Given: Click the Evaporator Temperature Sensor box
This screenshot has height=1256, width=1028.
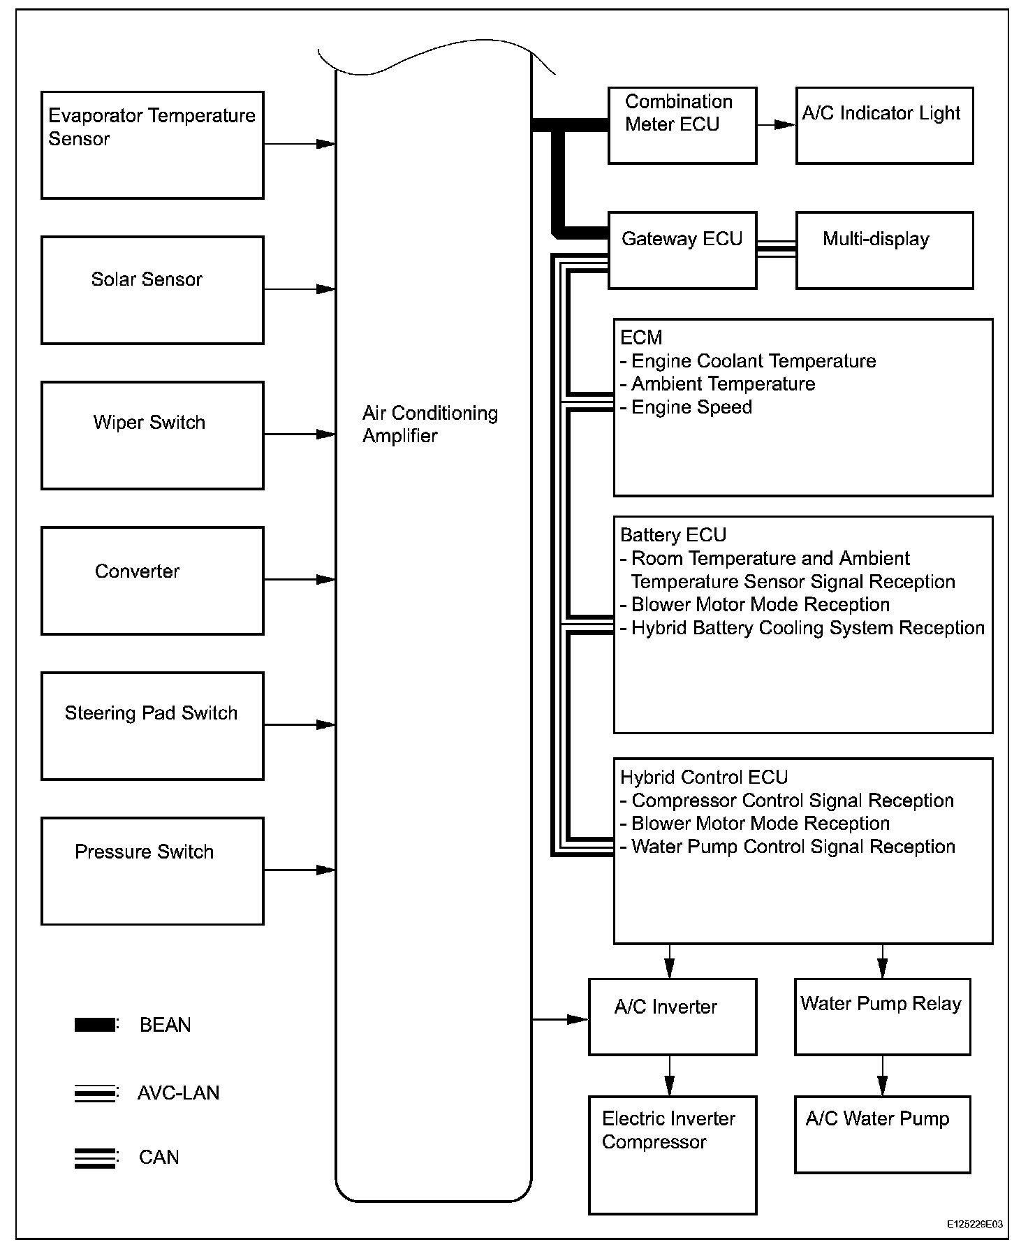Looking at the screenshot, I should [152, 145].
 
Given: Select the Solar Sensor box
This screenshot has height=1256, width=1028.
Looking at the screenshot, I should [152, 290].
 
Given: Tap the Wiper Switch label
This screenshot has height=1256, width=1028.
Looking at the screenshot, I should [149, 423].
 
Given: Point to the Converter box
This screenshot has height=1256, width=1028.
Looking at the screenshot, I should [152, 580].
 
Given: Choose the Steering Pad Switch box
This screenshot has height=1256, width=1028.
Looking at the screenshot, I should [152, 726].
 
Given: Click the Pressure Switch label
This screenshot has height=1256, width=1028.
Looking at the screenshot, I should [144, 852].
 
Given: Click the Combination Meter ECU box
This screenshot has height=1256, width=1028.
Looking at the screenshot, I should [682, 126].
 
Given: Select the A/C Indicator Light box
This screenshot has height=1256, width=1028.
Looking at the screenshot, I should [884, 126].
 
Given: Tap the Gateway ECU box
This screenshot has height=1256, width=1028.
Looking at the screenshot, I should [682, 250].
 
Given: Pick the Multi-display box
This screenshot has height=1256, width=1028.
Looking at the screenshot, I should [884, 250].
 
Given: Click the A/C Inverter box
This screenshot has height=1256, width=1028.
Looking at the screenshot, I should [672, 1016].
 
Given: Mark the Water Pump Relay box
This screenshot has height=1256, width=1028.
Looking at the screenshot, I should [882, 1016].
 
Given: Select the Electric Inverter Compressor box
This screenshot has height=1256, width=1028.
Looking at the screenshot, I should [672, 1155].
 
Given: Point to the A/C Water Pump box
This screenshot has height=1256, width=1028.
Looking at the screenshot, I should [882, 1134].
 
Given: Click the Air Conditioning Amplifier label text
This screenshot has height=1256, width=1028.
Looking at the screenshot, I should [429, 425].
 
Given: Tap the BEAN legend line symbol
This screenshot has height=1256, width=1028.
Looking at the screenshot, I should [95, 1025].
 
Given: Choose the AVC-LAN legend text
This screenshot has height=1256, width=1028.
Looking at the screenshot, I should [178, 1093].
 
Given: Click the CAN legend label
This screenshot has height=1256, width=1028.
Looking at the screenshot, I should [159, 1158].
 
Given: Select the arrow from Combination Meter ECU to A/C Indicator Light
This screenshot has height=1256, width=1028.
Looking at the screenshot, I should [776, 125].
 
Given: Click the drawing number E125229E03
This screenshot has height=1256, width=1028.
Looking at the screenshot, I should [975, 1225].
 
